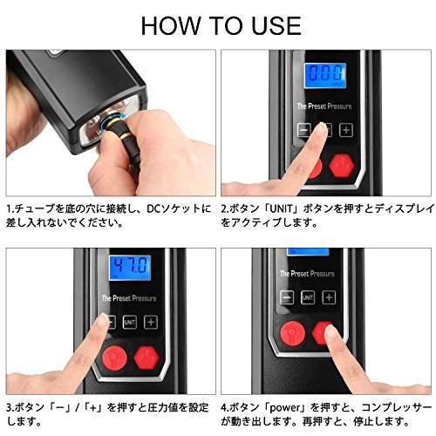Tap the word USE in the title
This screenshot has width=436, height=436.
[276, 26]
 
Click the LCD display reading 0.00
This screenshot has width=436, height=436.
[325, 76]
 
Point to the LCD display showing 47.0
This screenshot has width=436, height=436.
[130, 268]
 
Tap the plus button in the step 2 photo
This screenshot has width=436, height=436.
[346, 130]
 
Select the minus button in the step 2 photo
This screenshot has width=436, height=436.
[303, 130]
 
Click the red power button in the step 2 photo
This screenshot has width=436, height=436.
[342, 166]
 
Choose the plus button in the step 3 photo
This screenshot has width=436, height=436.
[151, 322]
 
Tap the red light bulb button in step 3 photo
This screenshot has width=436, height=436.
[114, 358]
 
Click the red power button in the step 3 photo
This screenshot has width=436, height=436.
[146, 358]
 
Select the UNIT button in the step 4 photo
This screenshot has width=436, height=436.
[308, 297]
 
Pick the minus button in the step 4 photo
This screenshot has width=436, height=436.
[287, 297]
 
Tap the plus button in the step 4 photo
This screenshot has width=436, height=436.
[329, 297]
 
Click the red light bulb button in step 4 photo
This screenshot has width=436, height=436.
[292, 333]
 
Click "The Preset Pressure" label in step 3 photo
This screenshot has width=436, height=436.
[129, 298]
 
